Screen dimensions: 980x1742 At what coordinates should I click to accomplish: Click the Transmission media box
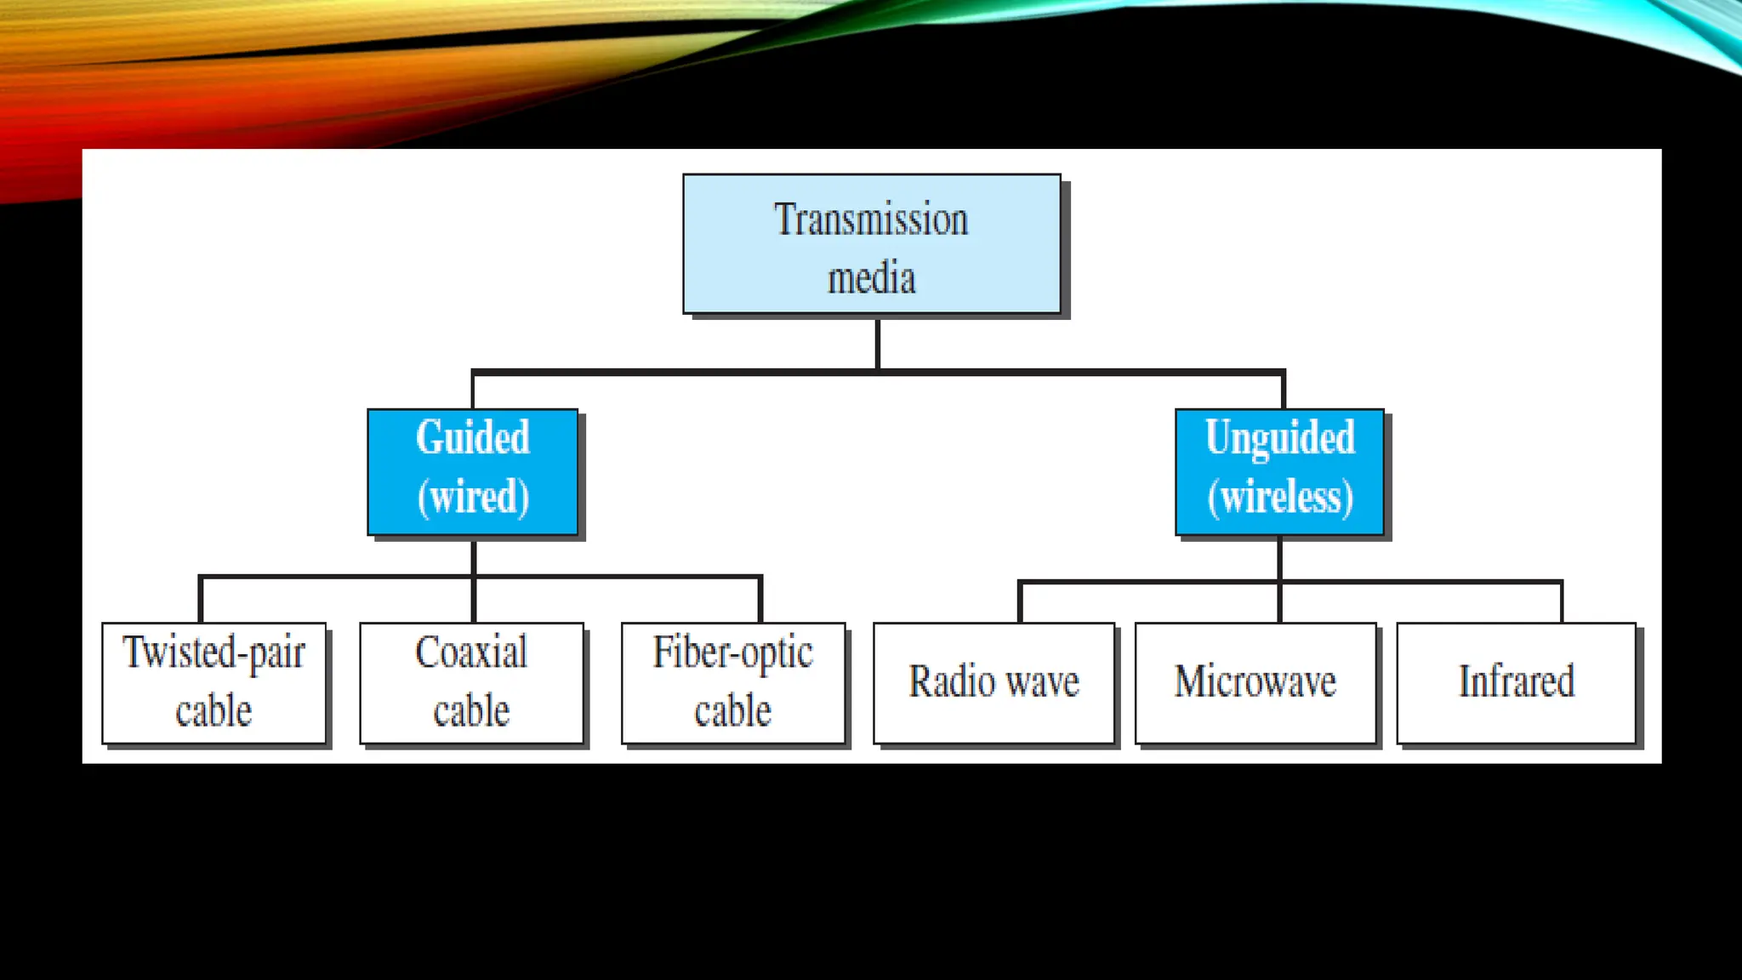click(x=871, y=244)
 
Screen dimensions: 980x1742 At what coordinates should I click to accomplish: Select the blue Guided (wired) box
click(x=473, y=472)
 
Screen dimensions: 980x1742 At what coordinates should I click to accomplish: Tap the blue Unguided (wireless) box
click(x=1279, y=472)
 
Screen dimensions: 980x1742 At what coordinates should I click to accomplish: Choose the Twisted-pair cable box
click(x=213, y=683)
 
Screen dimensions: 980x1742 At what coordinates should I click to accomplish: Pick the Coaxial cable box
click(x=471, y=683)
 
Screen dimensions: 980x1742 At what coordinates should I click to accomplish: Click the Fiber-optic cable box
click(x=733, y=683)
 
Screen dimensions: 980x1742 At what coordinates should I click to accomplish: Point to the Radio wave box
click(x=993, y=683)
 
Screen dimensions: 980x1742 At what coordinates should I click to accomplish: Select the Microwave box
click(x=1255, y=683)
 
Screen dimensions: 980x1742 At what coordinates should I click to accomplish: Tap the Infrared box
click(x=1516, y=683)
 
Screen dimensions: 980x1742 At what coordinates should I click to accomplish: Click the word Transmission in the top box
click(x=871, y=219)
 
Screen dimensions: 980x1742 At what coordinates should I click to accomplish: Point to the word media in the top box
click(x=871, y=279)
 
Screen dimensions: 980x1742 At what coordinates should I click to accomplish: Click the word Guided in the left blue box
click(x=473, y=438)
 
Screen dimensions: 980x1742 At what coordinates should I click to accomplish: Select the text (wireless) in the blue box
click(x=1280, y=498)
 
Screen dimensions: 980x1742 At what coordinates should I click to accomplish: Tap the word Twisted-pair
click(x=213, y=653)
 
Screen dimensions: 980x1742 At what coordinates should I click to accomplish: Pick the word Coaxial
click(x=471, y=653)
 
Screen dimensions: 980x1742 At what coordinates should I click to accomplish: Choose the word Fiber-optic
click(x=733, y=653)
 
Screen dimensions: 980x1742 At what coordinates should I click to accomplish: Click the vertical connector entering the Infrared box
click(x=1561, y=602)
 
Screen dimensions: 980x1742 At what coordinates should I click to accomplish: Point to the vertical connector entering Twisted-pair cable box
click(x=201, y=601)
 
